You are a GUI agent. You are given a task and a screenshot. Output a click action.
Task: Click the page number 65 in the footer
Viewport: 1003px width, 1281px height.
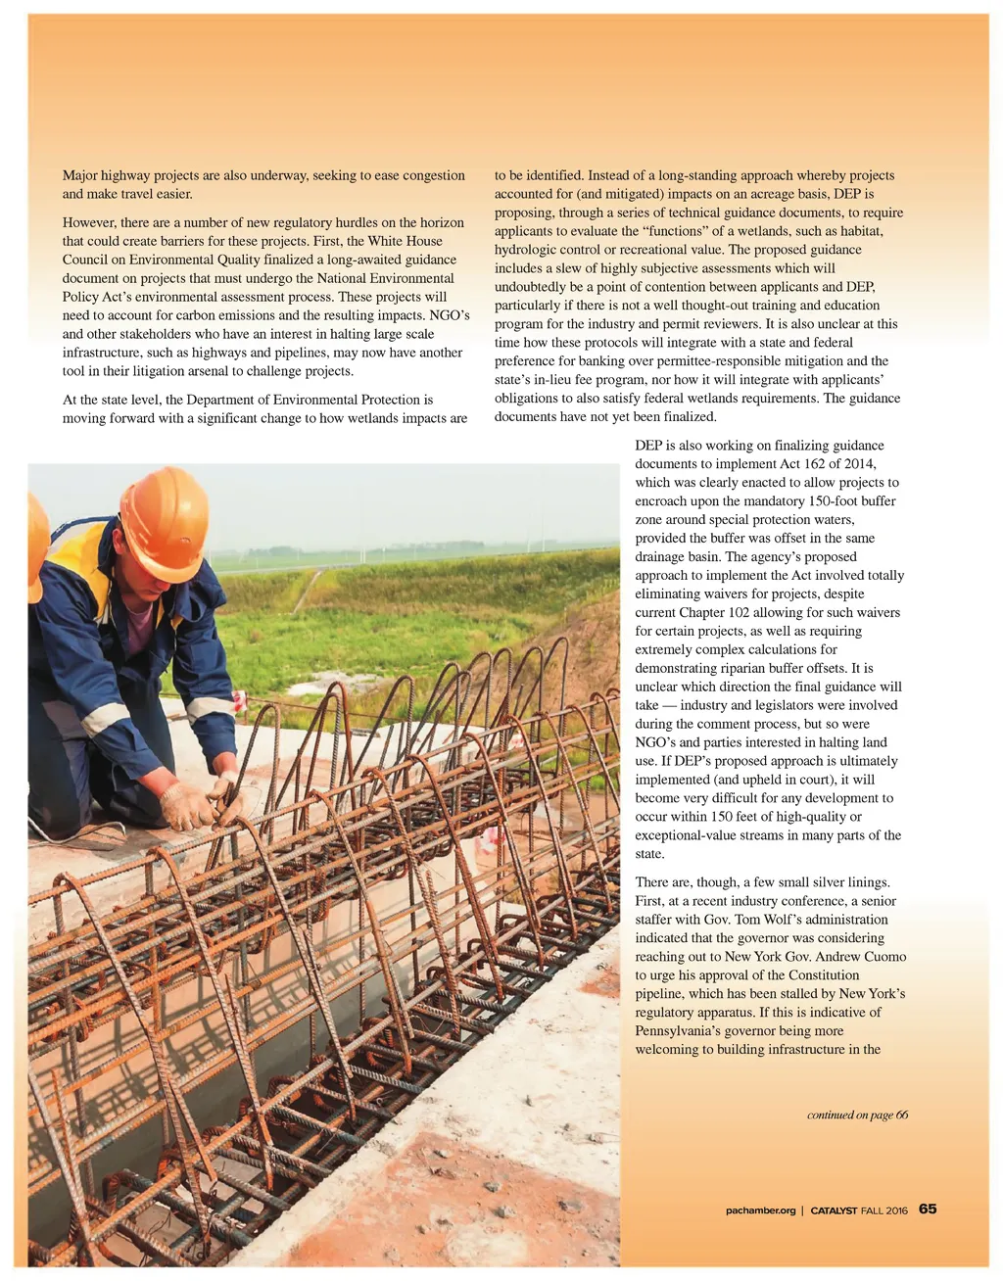coord(928,1209)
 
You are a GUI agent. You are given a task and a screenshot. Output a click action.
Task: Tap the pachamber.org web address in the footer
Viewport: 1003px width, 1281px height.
coord(761,1210)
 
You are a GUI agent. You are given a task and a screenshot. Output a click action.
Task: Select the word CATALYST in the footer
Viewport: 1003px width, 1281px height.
coord(834,1210)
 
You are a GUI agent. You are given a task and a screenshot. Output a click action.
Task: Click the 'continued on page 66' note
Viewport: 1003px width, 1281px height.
coord(857,1115)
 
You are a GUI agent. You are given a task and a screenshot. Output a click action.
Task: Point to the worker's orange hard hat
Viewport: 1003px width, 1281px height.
coord(166,509)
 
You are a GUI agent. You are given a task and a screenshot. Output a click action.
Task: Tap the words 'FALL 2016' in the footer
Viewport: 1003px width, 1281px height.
coord(884,1210)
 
